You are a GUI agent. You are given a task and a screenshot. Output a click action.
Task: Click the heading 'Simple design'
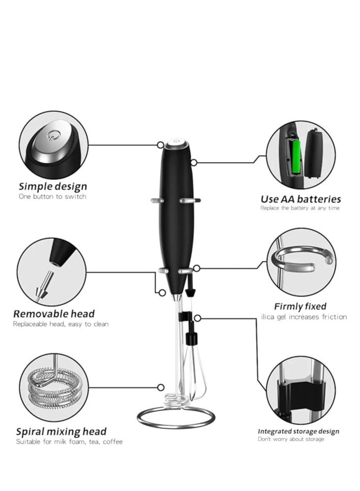tap(53, 187)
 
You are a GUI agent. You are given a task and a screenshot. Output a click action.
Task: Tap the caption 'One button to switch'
tap(52, 196)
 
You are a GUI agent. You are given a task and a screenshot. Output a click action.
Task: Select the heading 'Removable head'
tap(54, 314)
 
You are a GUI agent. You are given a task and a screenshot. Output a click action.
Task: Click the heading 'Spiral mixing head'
tap(61, 431)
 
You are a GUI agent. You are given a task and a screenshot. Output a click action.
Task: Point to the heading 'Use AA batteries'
tap(300, 199)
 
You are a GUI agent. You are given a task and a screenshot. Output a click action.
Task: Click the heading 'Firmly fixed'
tap(300, 306)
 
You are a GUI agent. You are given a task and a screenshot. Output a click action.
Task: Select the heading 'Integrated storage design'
tap(298, 431)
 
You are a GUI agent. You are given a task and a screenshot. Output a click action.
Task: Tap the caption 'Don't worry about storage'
tap(292, 439)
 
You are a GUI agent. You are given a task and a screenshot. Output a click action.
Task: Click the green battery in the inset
tap(296, 157)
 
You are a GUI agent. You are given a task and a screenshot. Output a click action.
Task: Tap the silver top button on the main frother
tap(176, 144)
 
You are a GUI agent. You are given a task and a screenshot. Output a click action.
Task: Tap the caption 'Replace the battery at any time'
tap(300, 208)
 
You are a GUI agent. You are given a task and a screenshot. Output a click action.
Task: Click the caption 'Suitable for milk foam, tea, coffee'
tap(69, 442)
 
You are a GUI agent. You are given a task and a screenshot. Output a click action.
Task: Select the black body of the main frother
tap(176, 222)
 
